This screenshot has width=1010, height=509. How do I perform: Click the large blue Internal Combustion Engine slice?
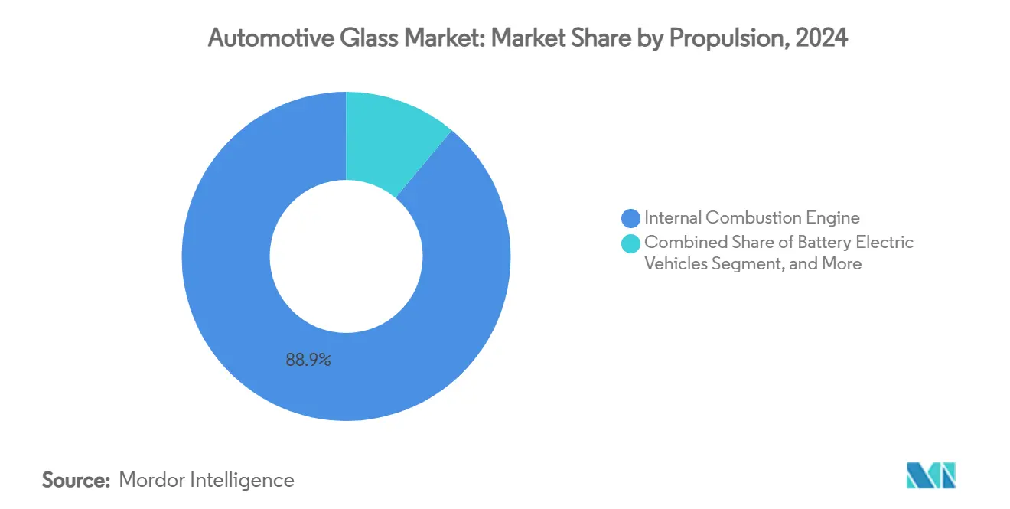230,306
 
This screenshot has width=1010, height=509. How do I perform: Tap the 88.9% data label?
308,360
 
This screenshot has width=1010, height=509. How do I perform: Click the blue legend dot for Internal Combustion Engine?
631,219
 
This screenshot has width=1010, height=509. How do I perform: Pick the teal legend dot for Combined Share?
631,243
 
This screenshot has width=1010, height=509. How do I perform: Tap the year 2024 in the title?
822,39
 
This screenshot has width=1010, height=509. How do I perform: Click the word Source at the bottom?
75,481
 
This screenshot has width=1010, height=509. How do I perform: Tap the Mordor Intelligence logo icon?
930,476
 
